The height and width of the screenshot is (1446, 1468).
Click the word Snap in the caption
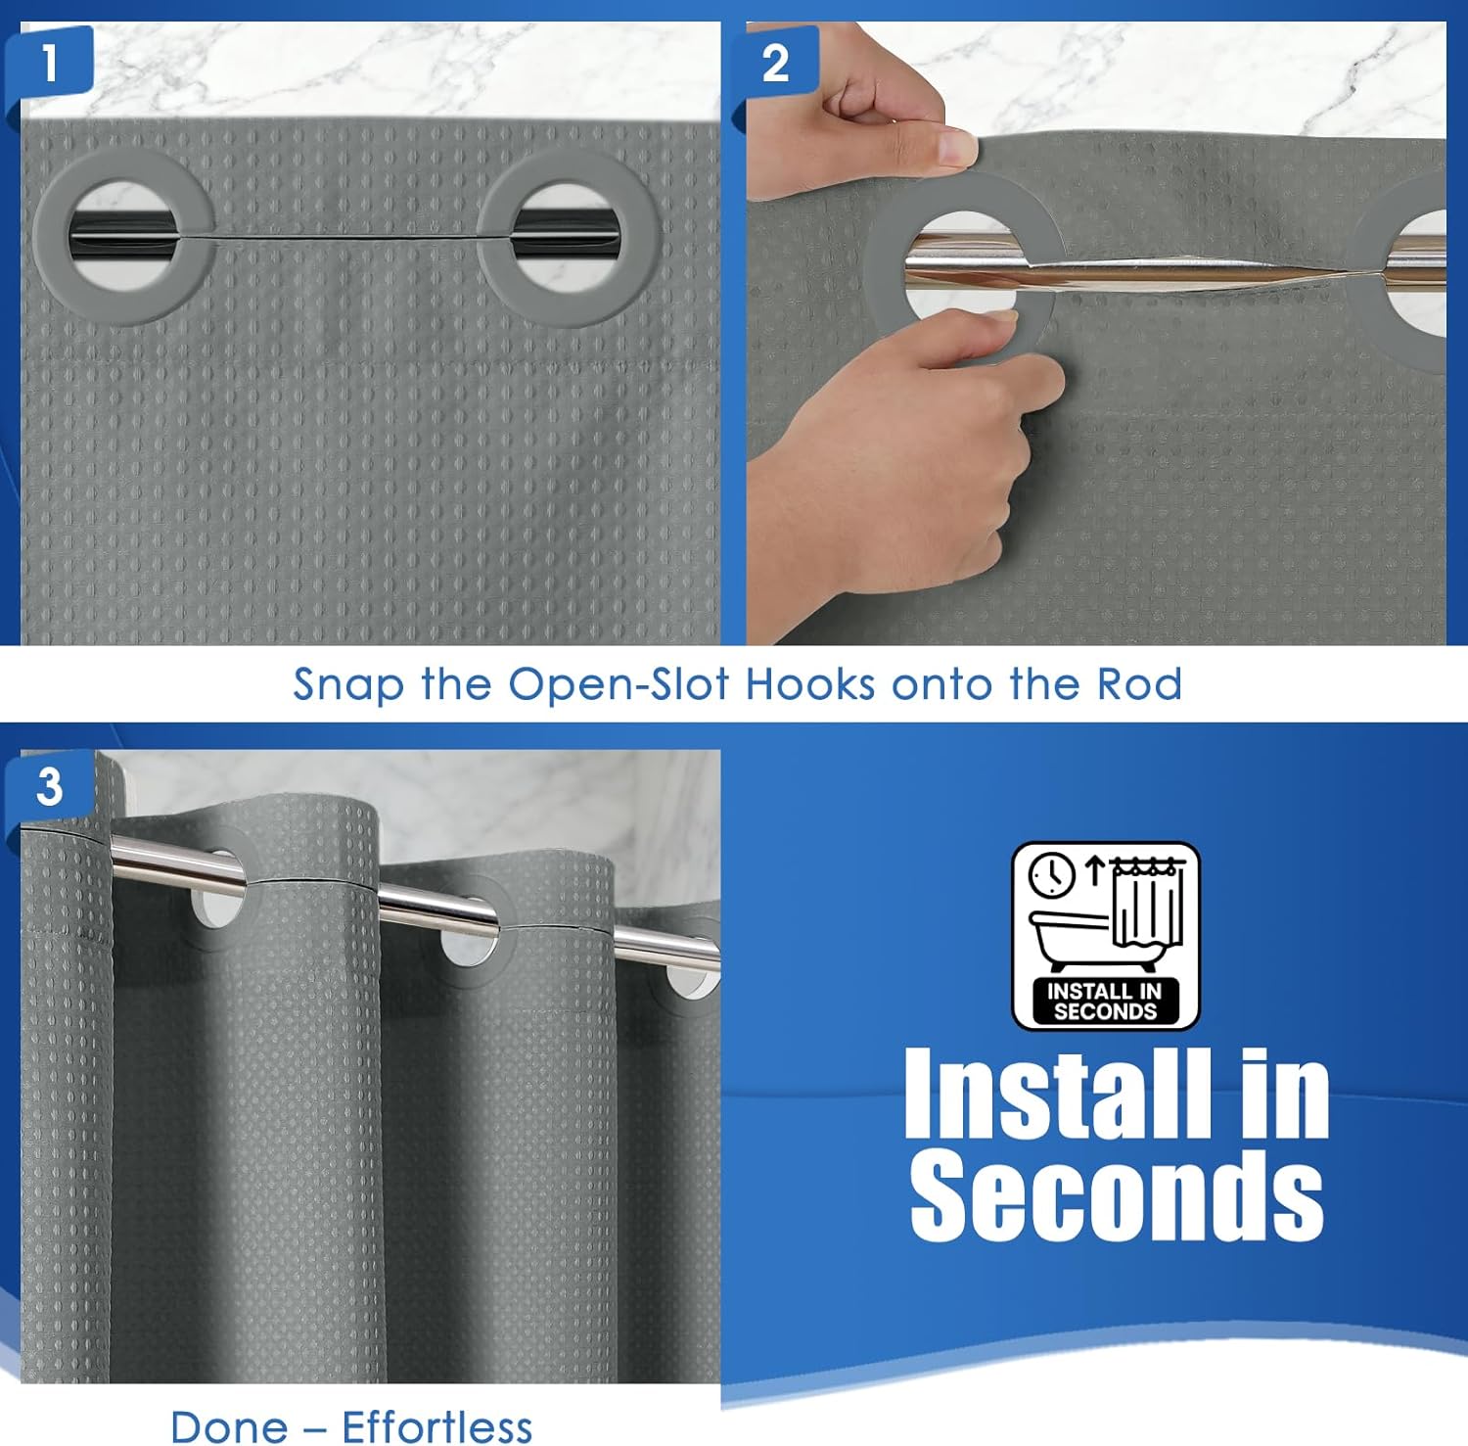tap(348, 684)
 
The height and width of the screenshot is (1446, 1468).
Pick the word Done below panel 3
tap(228, 1426)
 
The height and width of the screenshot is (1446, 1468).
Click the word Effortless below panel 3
tap(436, 1426)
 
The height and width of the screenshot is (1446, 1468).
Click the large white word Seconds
tap(1117, 1192)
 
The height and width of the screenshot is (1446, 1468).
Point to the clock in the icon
tap(1053, 875)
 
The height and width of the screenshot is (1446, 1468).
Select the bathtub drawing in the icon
tap(1072, 938)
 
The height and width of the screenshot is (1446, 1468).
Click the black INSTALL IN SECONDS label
tap(1105, 1001)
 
